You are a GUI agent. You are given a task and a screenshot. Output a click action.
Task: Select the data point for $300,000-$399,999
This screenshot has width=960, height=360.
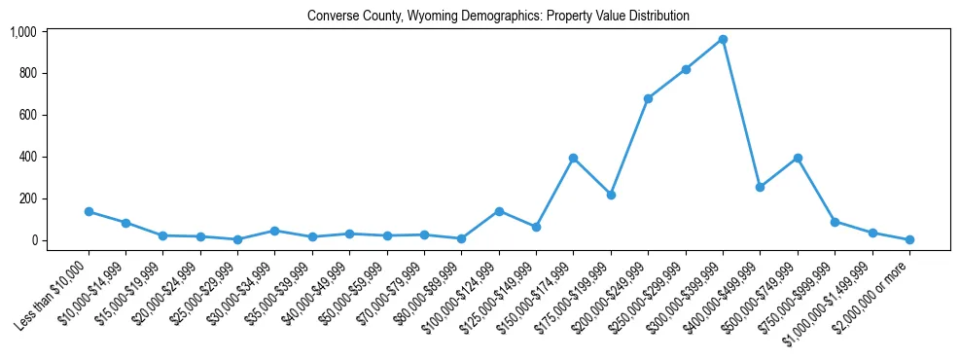tap(723, 39)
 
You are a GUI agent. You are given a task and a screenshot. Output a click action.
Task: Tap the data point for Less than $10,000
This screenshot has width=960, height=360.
tap(89, 211)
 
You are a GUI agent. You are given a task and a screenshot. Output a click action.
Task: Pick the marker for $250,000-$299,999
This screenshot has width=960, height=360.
tap(686, 69)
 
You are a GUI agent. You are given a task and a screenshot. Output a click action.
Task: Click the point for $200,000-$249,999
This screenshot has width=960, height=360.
tap(648, 98)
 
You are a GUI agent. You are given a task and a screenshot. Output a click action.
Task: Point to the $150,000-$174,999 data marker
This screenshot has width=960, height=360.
tap(574, 158)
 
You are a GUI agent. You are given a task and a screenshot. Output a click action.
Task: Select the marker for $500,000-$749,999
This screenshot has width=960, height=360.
tap(798, 158)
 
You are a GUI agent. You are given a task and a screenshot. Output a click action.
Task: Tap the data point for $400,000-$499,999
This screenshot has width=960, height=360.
tap(760, 187)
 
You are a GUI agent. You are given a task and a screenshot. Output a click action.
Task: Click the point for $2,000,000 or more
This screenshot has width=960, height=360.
tap(909, 239)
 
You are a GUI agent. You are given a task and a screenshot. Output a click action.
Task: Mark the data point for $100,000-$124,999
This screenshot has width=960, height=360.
tap(499, 211)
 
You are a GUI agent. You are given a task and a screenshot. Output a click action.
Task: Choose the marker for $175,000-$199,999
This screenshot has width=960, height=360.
tap(611, 195)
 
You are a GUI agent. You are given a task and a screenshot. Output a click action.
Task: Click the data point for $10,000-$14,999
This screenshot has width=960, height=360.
tap(125, 223)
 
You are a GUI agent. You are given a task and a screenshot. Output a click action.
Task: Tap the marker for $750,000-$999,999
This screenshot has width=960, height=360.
tap(835, 222)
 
